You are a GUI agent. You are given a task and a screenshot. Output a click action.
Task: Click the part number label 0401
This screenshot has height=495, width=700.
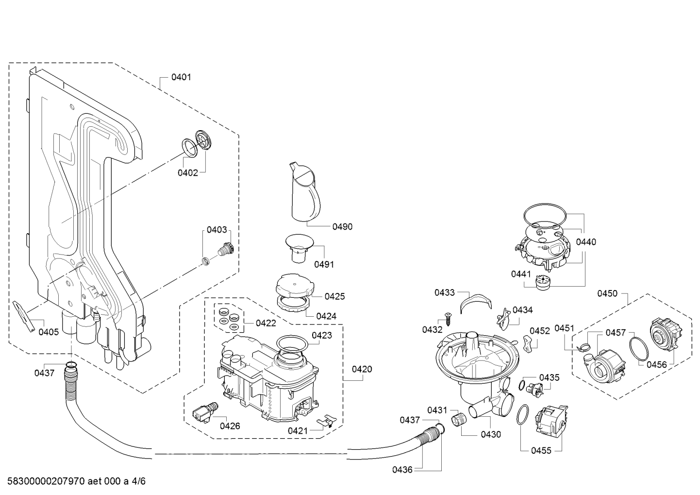point(181,77)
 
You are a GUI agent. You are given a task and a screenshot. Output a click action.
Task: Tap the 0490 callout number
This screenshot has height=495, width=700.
point(342,227)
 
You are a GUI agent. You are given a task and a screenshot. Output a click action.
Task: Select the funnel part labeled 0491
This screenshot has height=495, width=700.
point(299,249)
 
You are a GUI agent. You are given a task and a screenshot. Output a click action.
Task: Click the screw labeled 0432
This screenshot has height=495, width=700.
point(448,319)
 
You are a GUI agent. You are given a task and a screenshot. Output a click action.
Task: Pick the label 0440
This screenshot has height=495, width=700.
point(586,242)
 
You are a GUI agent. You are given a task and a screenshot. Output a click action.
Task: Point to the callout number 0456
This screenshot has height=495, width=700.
point(657,365)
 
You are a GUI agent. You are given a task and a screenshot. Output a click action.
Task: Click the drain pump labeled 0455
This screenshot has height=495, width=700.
point(551,421)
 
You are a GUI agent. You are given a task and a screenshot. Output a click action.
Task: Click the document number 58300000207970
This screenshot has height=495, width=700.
point(46,481)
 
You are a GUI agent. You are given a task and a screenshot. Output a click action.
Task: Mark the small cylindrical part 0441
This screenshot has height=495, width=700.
point(543,283)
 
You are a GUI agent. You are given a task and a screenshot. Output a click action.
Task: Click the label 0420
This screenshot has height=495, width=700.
point(362,369)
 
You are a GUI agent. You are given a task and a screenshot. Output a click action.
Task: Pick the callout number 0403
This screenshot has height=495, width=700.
point(217,230)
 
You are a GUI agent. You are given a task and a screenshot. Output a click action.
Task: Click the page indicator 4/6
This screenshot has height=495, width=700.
point(138,481)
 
